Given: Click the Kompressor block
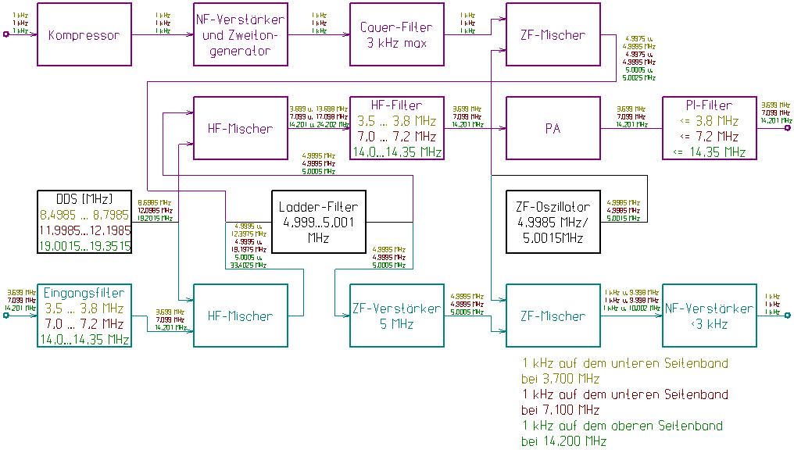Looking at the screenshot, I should click(84, 35).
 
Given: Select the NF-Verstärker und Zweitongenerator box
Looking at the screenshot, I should click(241, 35).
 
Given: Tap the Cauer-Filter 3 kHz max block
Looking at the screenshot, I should click(397, 35).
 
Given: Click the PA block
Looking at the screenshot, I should click(553, 128).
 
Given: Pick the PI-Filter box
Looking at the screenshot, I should click(710, 128).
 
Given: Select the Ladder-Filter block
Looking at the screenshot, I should click(318, 222).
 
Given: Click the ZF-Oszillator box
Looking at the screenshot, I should click(553, 222).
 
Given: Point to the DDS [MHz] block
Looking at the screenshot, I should click(84, 222).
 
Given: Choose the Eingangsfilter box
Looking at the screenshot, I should click(84, 316).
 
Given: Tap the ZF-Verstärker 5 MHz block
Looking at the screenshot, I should click(397, 316).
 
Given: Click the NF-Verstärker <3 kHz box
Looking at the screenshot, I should click(710, 316).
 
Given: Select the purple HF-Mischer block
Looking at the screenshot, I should click(241, 128).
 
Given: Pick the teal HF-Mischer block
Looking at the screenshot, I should click(241, 316).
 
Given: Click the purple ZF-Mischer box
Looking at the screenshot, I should click(553, 35).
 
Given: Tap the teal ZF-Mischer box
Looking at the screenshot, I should click(553, 316).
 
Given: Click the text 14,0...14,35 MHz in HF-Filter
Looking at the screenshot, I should click(397, 152).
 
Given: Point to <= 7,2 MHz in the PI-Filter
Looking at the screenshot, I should click(710, 136).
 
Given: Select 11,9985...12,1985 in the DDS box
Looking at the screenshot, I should click(84, 230).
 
